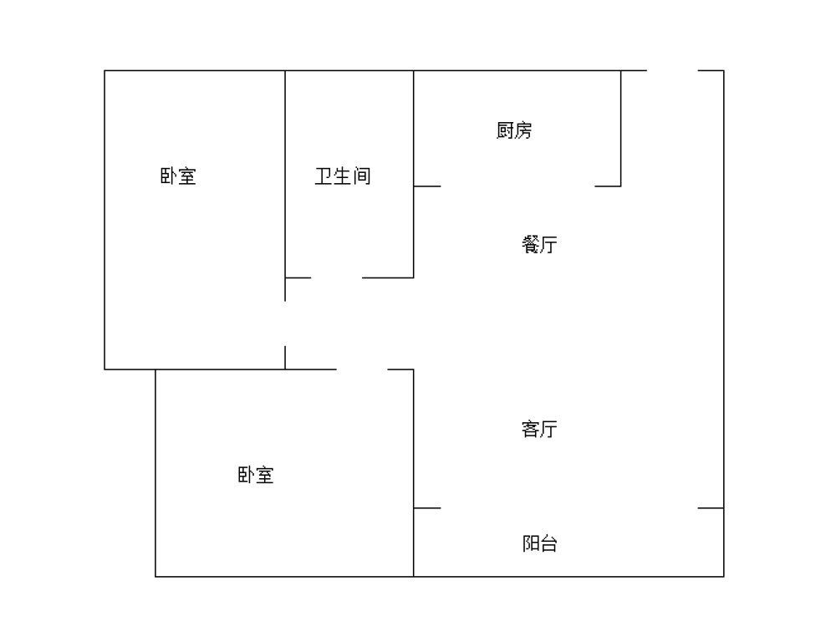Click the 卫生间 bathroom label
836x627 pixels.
click(x=343, y=176)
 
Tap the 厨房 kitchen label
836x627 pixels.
click(x=514, y=130)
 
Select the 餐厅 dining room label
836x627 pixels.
click(x=539, y=244)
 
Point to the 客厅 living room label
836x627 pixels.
click(x=539, y=429)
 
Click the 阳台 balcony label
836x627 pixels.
click(x=540, y=543)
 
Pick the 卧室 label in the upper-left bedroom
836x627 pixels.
click(x=178, y=176)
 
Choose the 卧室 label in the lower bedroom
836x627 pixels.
click(x=256, y=475)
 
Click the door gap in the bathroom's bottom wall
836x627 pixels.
click(x=336, y=278)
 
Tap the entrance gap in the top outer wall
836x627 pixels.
click(x=672, y=70)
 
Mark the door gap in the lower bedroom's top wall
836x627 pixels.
click(x=362, y=369)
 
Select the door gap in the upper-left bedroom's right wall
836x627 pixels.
click(x=285, y=324)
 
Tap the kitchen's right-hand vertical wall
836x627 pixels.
click(x=620, y=128)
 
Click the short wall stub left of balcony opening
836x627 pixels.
click(x=427, y=508)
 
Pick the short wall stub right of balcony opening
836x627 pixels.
click(x=711, y=508)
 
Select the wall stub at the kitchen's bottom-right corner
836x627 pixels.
click(x=608, y=186)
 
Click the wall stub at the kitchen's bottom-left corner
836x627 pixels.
click(x=427, y=186)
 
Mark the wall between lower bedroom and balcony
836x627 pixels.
click(x=414, y=543)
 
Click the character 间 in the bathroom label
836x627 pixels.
click(x=362, y=176)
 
